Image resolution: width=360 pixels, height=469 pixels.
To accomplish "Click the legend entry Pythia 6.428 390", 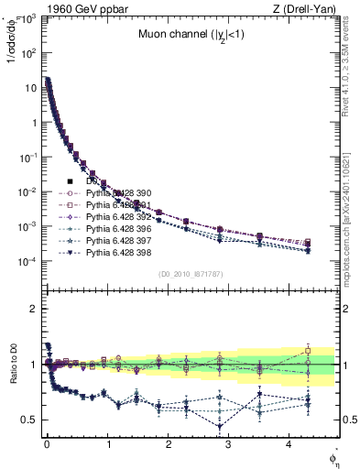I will click(x=115, y=193).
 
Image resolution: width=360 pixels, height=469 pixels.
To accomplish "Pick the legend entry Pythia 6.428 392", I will click(x=115, y=217).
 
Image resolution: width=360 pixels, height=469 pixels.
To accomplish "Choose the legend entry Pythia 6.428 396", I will click(x=115, y=228).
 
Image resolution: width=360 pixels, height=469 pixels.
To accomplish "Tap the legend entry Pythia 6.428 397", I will click(x=115, y=240).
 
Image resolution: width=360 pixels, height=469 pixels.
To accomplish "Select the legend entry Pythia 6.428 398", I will click(x=115, y=252).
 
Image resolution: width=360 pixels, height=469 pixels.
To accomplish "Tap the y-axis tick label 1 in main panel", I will click(x=35, y=123).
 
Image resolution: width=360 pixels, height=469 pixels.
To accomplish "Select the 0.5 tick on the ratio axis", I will click(x=30, y=420).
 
